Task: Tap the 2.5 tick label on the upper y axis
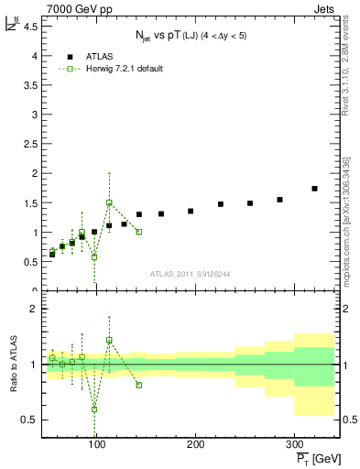pos(32,144)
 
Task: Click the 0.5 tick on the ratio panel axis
pos(30,420)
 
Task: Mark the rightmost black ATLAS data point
pos(314,189)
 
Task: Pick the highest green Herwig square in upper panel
pos(109,202)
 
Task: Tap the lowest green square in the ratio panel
pos(94,409)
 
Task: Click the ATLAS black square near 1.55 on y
pos(279,200)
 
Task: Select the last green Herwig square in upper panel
pos(139,232)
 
